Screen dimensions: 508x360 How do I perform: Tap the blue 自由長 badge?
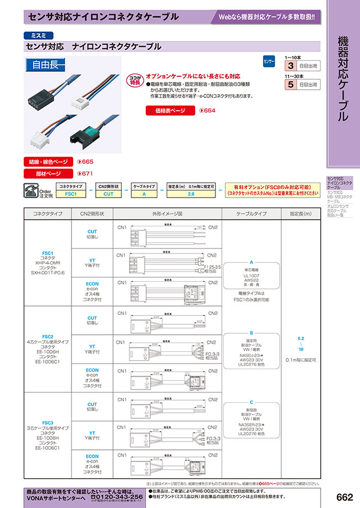pyautogui.click(x=46, y=64)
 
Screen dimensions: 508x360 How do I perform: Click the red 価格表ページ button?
pyautogui.click(x=170, y=111)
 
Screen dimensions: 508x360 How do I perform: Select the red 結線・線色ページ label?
pyautogui.click(x=49, y=162)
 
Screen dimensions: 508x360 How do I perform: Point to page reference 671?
pyautogui.click(x=87, y=173)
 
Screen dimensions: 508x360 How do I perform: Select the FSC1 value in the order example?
pyautogui.click(x=70, y=194)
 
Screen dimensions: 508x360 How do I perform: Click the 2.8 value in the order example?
pyautogui.click(x=191, y=194)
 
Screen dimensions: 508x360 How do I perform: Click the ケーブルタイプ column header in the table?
pyautogui.click(x=251, y=214)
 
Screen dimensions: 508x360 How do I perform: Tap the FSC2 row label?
pyautogui.click(x=48, y=336)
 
